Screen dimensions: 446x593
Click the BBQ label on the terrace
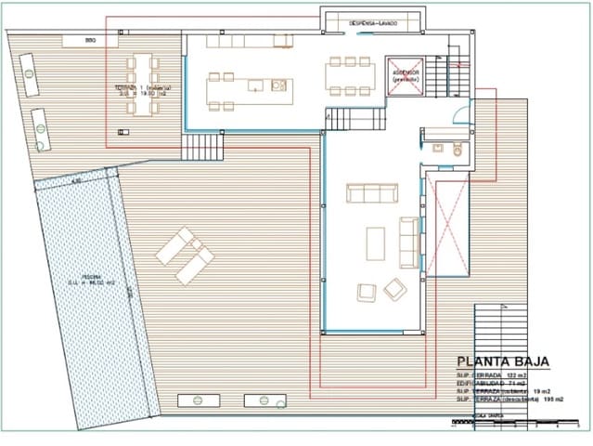pos(90,41)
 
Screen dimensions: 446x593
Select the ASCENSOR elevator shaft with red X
pos(405,75)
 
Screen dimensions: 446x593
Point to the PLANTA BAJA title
pos(503,361)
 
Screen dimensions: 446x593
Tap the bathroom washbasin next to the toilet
pos(436,147)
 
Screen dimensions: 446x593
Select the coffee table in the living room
pos(375,243)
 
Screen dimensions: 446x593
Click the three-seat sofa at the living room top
pos(371,193)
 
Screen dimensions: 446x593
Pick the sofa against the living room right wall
pos(409,242)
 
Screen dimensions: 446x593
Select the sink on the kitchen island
pos(277,85)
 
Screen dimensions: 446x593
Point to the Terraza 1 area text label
pos(142,91)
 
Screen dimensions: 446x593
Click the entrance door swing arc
pos(460,113)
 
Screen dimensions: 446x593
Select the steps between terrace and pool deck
pos(201,146)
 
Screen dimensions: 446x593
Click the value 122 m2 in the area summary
pos(516,374)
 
